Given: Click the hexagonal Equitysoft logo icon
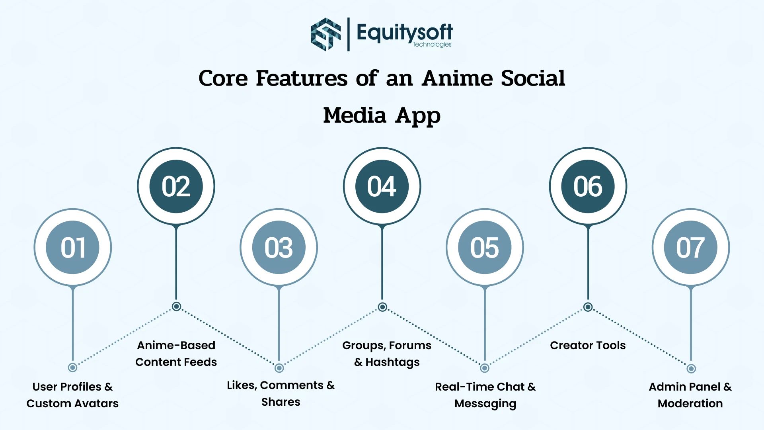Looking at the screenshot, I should tap(325, 34).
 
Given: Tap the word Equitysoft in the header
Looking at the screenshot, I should tap(404, 32).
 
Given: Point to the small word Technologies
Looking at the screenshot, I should tap(432, 45).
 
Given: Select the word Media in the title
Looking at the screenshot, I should tap(355, 115).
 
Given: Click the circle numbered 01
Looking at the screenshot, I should tap(72, 247).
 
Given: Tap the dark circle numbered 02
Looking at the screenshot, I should tap(176, 186).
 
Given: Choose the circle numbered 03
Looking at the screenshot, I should tap(279, 247).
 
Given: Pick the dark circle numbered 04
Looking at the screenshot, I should tap(382, 186).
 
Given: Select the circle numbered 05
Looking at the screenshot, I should tap(485, 247).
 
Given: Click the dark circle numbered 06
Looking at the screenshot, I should tap(588, 186).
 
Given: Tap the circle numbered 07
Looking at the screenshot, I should tap(691, 247).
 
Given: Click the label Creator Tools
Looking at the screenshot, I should tap(588, 345).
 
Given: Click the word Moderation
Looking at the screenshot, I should tap(690, 404).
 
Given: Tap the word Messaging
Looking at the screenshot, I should tap(485, 404).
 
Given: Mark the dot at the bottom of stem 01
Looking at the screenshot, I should tap(72, 367).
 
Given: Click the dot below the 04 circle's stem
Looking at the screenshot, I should tap(382, 307).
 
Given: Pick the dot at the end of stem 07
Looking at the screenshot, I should tap(691, 369).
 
